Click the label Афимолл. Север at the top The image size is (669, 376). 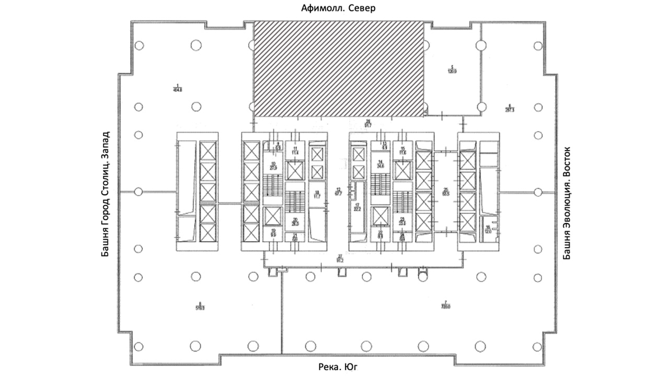click(x=339, y=8)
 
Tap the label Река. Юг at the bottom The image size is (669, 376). click(x=338, y=367)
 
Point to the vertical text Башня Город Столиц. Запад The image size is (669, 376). click(x=106, y=194)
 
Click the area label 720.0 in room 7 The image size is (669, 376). click(x=445, y=307)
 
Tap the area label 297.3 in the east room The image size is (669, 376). click(x=510, y=110)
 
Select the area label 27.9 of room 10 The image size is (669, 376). click(x=272, y=168)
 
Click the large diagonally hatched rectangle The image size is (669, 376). click(x=338, y=68)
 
